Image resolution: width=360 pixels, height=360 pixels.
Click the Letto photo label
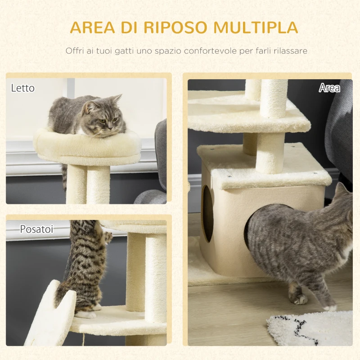(22, 88)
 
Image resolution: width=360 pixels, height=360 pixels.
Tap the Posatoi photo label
(36, 229)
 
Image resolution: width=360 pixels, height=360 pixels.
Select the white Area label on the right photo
(329, 88)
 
